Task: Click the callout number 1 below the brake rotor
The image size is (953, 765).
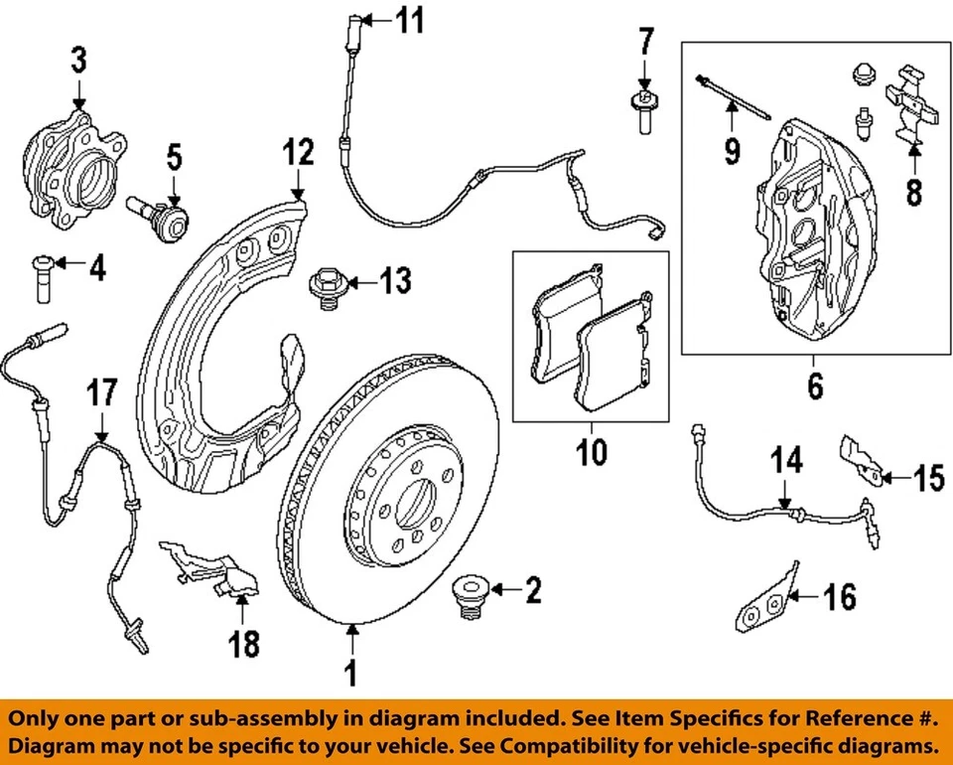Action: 349,675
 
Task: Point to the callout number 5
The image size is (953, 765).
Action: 174,156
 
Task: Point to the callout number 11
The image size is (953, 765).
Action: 408,19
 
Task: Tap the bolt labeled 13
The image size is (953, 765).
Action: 326,285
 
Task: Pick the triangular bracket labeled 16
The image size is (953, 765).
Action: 766,600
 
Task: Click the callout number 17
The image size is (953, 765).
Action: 102,391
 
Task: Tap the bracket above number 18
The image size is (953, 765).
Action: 210,571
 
